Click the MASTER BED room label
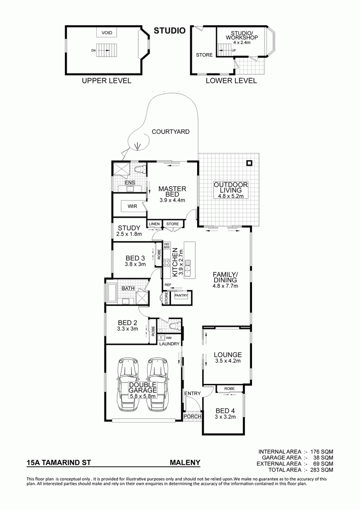click(x=172, y=191)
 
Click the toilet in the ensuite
click(x=140, y=170)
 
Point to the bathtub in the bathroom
click(x=112, y=293)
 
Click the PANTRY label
click(x=181, y=295)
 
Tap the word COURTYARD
click(x=171, y=132)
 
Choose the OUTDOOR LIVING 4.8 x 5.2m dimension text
click(x=230, y=196)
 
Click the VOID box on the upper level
click(x=107, y=33)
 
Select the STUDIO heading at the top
click(x=170, y=31)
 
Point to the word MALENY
click(x=185, y=463)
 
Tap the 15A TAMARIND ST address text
click(x=59, y=463)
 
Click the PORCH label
click(x=193, y=416)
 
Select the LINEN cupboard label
click(x=154, y=224)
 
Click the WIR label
click(x=132, y=206)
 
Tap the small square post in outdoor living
click(x=249, y=163)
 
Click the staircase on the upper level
click(x=106, y=50)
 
